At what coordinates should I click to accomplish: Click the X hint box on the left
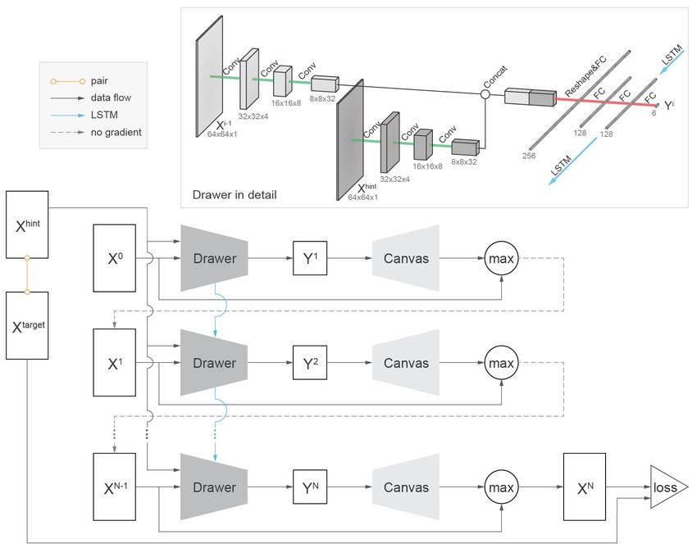pos(27,224)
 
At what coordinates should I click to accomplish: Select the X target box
pos(27,325)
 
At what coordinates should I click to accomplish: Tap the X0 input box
pos(114,258)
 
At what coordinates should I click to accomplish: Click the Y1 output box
pos(310,258)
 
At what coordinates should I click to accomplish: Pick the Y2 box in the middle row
pos(310,363)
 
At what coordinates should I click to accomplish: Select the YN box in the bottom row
pos(310,487)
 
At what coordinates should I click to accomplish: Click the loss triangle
pos(667,487)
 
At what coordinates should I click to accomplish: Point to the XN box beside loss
pos(585,487)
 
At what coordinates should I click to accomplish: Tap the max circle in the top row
pos(501,258)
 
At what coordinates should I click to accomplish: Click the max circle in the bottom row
pos(501,487)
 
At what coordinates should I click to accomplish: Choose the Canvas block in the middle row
pos(406,363)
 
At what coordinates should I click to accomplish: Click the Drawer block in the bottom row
pos(214,487)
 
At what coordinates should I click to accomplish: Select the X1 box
pos(114,362)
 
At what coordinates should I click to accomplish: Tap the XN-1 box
pos(114,487)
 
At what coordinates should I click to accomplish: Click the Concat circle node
pos(485,94)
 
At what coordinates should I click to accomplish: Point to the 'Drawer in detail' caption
pos(235,194)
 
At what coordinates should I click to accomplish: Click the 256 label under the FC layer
pos(529,156)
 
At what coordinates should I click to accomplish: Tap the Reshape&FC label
pos(585,77)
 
